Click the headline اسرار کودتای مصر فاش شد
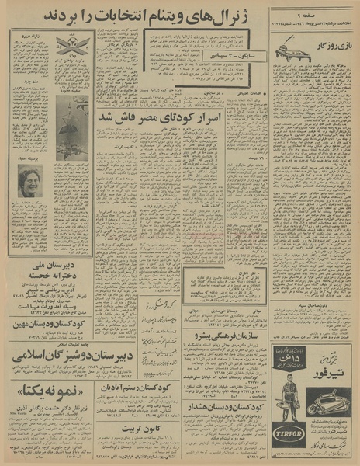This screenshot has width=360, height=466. pos(196,116)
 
